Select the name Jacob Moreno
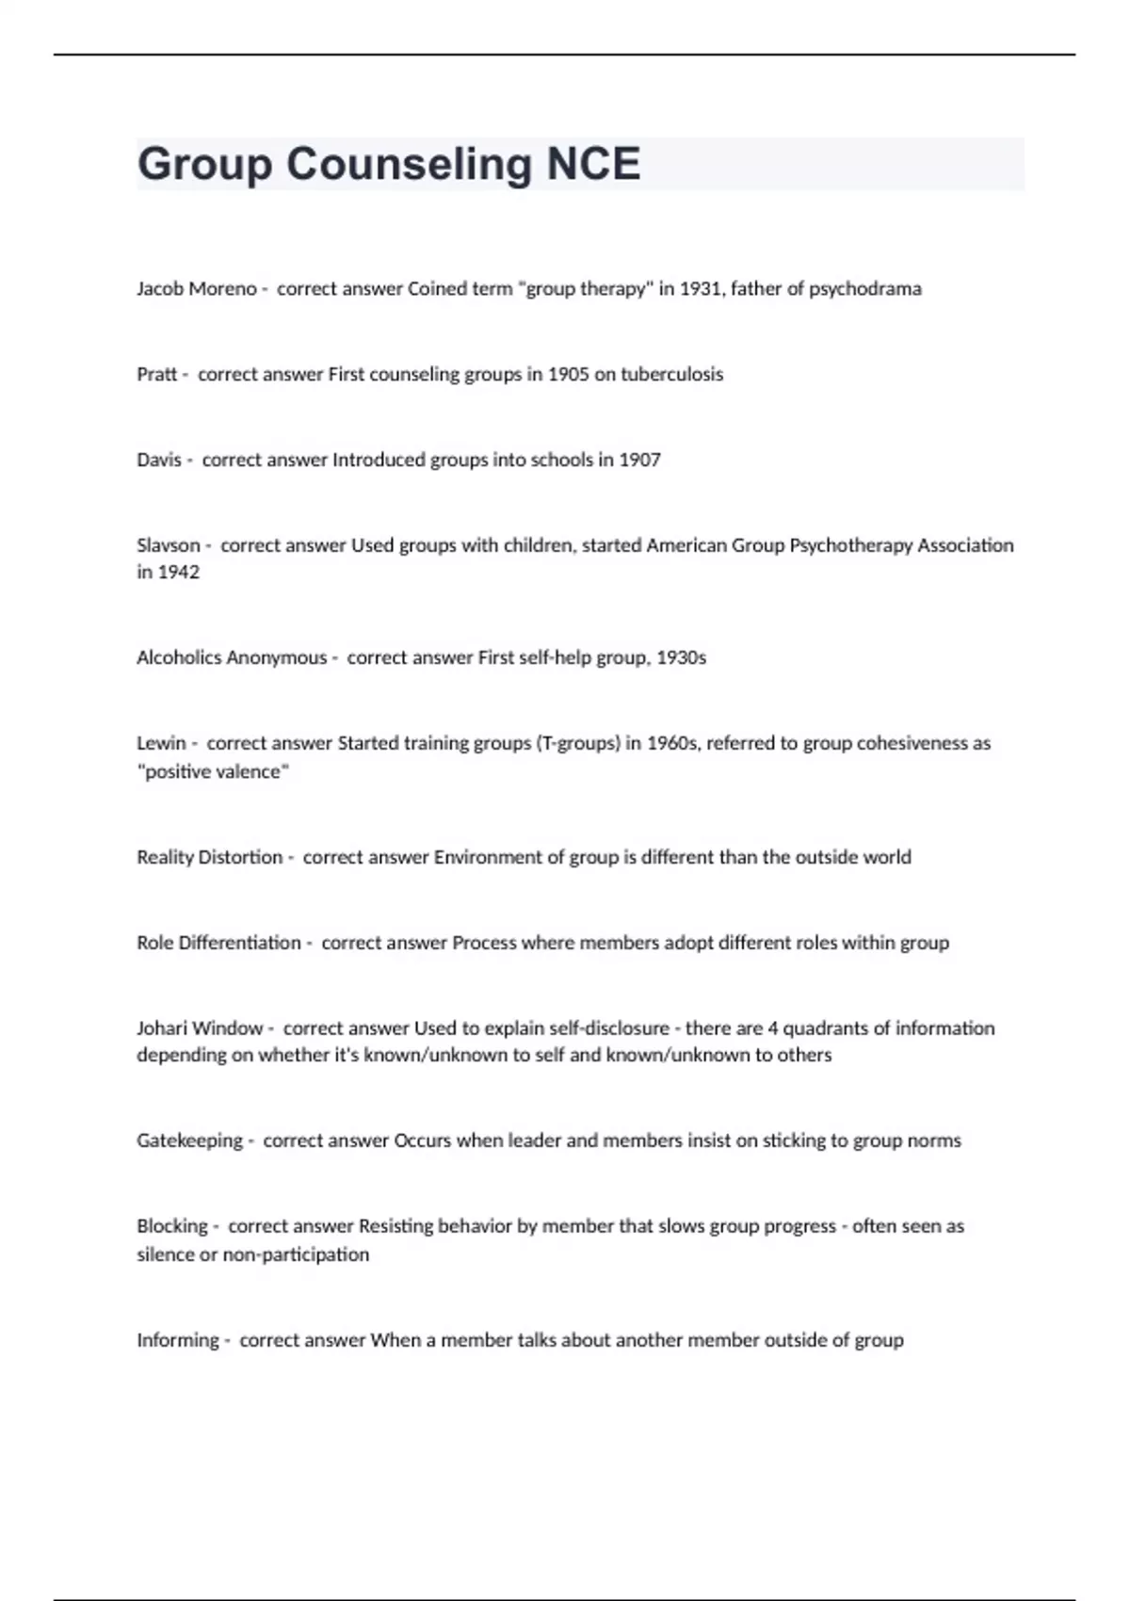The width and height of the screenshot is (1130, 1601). click(x=196, y=289)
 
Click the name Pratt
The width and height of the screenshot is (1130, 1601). click(x=156, y=375)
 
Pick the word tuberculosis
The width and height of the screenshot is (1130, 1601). click(x=671, y=375)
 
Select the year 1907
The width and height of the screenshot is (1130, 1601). click(x=639, y=461)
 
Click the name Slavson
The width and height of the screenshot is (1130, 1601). click(x=169, y=545)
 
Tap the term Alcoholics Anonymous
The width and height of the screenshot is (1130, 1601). click(x=232, y=658)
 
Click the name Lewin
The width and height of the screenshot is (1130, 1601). click(x=161, y=743)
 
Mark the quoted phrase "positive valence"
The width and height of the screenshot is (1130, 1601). click(x=213, y=772)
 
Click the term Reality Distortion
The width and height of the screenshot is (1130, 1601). click(x=209, y=858)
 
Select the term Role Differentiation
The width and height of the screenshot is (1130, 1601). click(x=218, y=944)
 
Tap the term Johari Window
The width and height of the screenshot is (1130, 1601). click(x=200, y=1028)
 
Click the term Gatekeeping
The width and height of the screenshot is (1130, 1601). click(x=189, y=1141)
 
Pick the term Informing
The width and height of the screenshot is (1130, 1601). click(x=177, y=1340)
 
